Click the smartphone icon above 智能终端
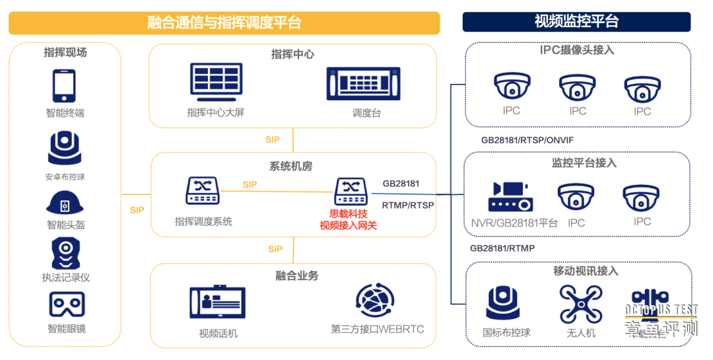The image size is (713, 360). [x=64, y=86]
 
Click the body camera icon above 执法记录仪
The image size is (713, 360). [x=65, y=253]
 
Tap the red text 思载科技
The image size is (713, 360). [x=348, y=214]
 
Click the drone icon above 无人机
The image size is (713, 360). [x=580, y=304]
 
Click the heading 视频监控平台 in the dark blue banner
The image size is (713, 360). [x=576, y=22]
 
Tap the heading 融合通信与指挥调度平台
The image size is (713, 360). [x=224, y=22]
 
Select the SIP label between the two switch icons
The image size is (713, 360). [x=250, y=185]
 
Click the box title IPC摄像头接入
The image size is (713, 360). [x=577, y=50]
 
